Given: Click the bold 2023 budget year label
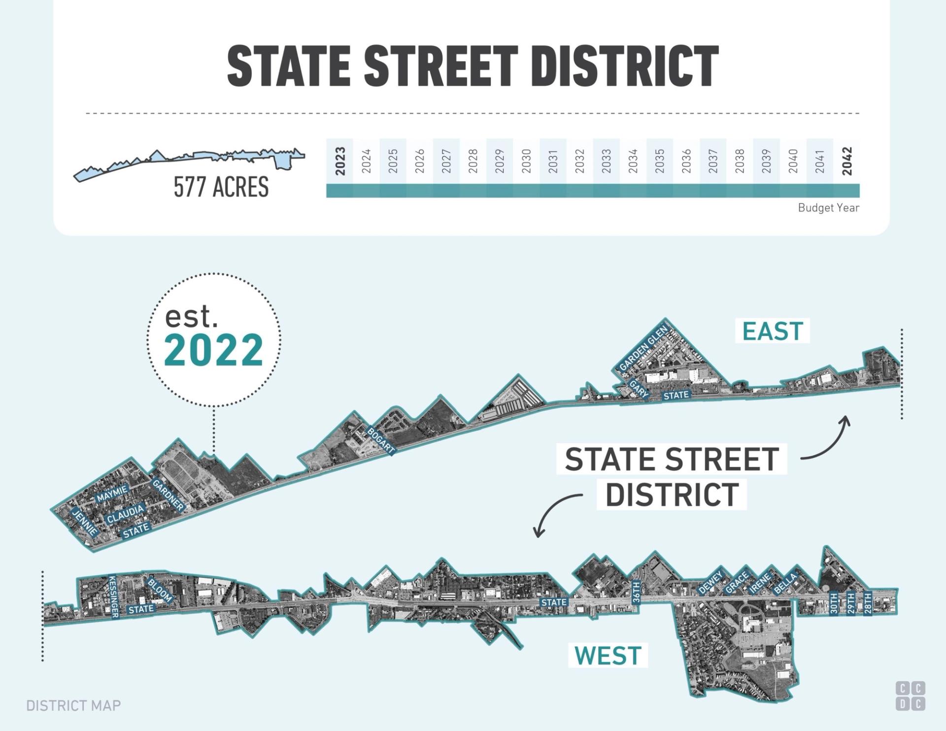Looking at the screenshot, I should pyautogui.click(x=340, y=161).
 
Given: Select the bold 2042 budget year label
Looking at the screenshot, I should pyautogui.click(x=846, y=161).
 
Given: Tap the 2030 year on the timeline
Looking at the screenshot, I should pyautogui.click(x=526, y=161).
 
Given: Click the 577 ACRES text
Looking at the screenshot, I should pyautogui.click(x=221, y=187).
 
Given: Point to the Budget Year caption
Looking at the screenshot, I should pyautogui.click(x=828, y=208).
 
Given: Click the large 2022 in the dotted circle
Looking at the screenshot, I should pyautogui.click(x=213, y=350).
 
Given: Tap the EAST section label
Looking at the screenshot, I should pyautogui.click(x=773, y=331).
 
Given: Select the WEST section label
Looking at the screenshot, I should pyautogui.click(x=608, y=656).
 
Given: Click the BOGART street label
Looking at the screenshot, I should pyautogui.click(x=381, y=440).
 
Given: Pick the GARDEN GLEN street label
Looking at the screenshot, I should pyautogui.click(x=643, y=348).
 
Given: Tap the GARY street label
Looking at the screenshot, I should pyautogui.click(x=639, y=389).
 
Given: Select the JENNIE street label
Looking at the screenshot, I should pyautogui.click(x=85, y=522).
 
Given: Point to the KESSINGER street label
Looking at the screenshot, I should pyautogui.click(x=113, y=596).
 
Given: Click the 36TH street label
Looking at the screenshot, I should pyautogui.click(x=636, y=592).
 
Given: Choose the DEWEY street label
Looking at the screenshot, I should pyautogui.click(x=710, y=582).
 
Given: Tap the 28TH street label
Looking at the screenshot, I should pyautogui.click(x=868, y=603).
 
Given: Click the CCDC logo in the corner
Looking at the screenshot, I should pyautogui.click(x=910, y=696).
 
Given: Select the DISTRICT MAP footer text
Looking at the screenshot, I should pyautogui.click(x=73, y=706).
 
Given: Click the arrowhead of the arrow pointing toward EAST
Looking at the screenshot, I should pyautogui.click(x=846, y=420).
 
